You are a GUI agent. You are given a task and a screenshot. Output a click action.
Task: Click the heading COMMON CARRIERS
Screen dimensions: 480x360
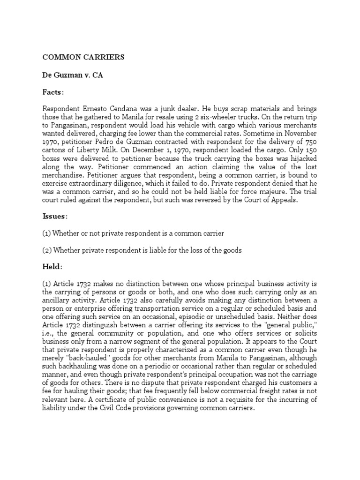(83, 57)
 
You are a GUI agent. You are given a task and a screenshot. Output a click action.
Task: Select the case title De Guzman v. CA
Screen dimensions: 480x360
(73, 75)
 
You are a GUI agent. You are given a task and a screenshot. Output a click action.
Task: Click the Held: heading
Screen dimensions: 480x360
(52, 266)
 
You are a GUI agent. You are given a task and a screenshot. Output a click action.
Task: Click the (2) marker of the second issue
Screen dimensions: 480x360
(47, 250)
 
